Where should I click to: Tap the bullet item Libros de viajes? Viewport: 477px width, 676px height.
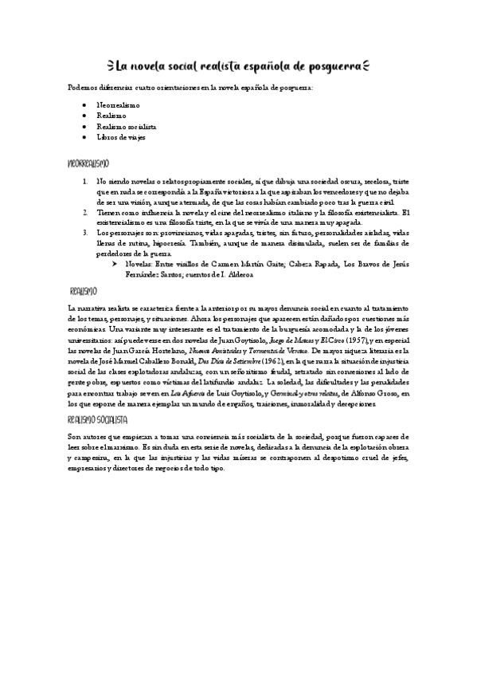pos(120,137)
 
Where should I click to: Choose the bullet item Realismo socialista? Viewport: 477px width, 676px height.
pos(126,127)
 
